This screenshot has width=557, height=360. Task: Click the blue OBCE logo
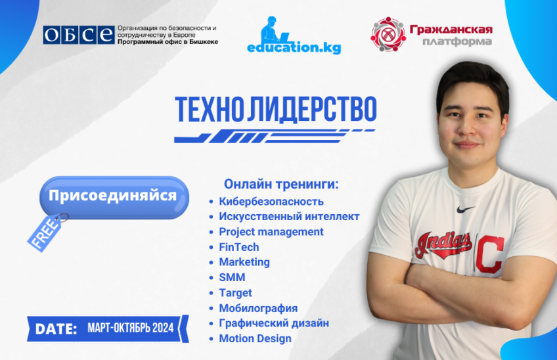pyautogui.click(x=79, y=35)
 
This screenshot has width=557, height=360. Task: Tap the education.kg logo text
pyautogui.click(x=294, y=47)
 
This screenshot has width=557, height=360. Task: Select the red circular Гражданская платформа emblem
pyautogui.click(x=388, y=34)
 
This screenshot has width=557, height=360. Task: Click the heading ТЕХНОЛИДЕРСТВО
pyautogui.click(x=276, y=109)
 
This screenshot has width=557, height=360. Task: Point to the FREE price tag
pyautogui.click(x=45, y=233)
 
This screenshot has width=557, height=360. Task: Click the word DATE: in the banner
pyautogui.click(x=56, y=328)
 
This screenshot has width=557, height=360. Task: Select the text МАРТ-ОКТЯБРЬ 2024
pyautogui.click(x=130, y=328)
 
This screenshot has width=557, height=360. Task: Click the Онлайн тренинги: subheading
pyautogui.click(x=281, y=184)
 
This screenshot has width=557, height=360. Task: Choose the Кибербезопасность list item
pyautogui.click(x=271, y=202)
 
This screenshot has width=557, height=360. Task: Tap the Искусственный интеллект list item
pyautogui.click(x=289, y=216)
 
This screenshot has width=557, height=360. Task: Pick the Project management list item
pyautogui.click(x=271, y=232)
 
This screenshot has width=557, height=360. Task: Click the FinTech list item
pyautogui.click(x=239, y=247)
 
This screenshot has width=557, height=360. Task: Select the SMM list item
pyautogui.click(x=232, y=277)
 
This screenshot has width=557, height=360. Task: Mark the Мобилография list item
pyautogui.click(x=258, y=308)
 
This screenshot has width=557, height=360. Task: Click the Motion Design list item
pyautogui.click(x=255, y=339)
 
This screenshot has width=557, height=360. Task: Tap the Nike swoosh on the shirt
pyautogui.click(x=465, y=210)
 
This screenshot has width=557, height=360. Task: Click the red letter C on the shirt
pyautogui.click(x=490, y=254)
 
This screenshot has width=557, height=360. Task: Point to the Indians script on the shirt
pyautogui.click(x=443, y=244)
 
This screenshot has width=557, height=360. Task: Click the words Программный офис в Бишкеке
pyautogui.click(x=167, y=42)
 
